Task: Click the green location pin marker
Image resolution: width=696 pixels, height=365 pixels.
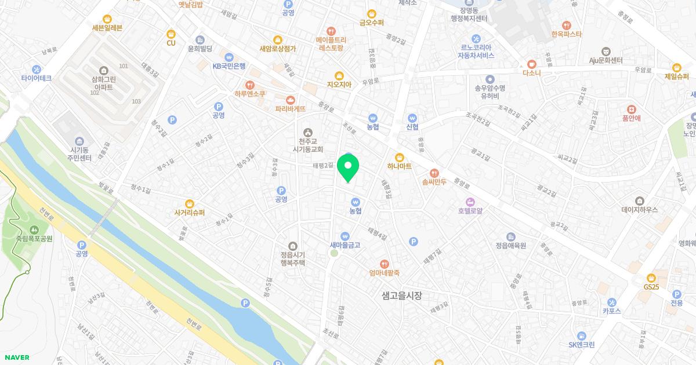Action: (348, 167)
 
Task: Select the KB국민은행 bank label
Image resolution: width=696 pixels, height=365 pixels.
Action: (234, 66)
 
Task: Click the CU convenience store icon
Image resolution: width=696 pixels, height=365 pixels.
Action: (171, 34)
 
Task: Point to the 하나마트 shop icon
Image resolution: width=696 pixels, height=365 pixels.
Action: (399, 157)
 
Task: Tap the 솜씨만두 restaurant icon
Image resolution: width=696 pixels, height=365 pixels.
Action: (434, 173)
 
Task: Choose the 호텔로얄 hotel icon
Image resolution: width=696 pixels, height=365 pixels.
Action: (470, 201)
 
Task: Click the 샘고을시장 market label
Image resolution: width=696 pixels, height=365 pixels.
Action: (402, 295)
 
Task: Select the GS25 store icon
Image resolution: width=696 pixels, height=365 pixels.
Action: (651, 278)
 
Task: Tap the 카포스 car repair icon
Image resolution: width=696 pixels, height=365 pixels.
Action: (612, 302)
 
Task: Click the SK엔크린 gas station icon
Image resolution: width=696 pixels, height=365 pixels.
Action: (581, 335)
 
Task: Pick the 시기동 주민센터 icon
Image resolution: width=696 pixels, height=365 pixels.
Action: (79, 141)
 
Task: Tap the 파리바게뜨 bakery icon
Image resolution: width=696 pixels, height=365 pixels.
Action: (290, 100)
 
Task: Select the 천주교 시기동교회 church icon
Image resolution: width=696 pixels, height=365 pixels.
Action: (307, 133)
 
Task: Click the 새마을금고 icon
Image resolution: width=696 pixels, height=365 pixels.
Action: (345, 236)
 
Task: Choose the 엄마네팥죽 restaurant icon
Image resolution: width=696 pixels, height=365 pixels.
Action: (384, 264)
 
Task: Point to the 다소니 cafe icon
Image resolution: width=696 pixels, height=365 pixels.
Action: (531, 64)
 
